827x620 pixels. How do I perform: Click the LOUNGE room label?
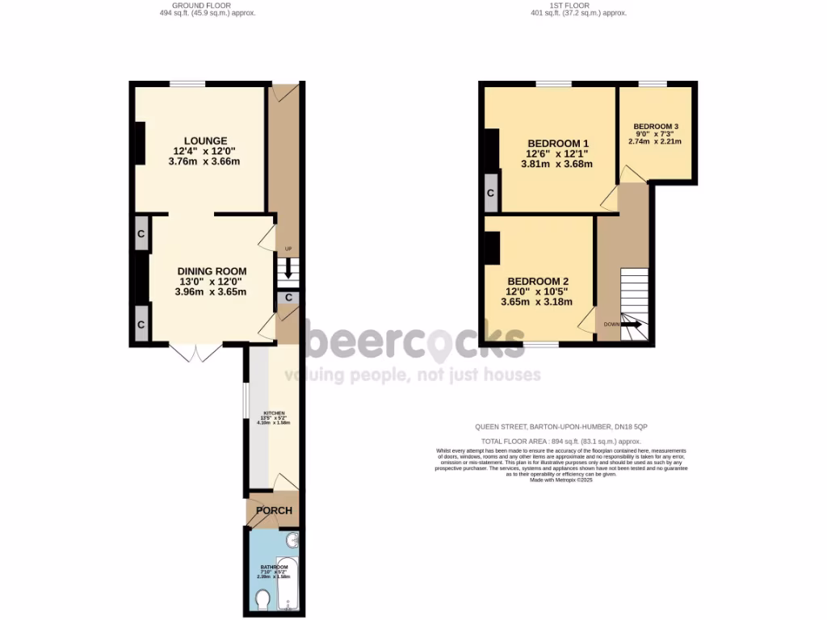coord(204,140)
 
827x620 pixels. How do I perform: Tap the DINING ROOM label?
coord(212,271)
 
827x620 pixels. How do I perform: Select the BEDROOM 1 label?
coord(556,143)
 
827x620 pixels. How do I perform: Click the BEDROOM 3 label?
coord(655,127)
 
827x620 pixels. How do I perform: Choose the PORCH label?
coord(273,511)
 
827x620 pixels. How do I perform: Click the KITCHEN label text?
coord(273,413)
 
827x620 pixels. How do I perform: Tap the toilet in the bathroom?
coord(262,601)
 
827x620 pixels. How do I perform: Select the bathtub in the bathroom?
coord(288,583)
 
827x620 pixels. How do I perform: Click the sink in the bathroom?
coord(293,540)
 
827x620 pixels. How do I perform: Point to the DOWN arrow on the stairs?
coord(630,325)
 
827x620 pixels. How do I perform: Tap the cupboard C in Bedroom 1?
coord(490,194)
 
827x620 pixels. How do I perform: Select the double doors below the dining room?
coord(196,353)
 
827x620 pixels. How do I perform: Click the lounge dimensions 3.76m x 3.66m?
coord(204,161)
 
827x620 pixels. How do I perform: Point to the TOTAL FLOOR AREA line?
coord(560,442)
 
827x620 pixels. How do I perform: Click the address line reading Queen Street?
coord(560,426)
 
